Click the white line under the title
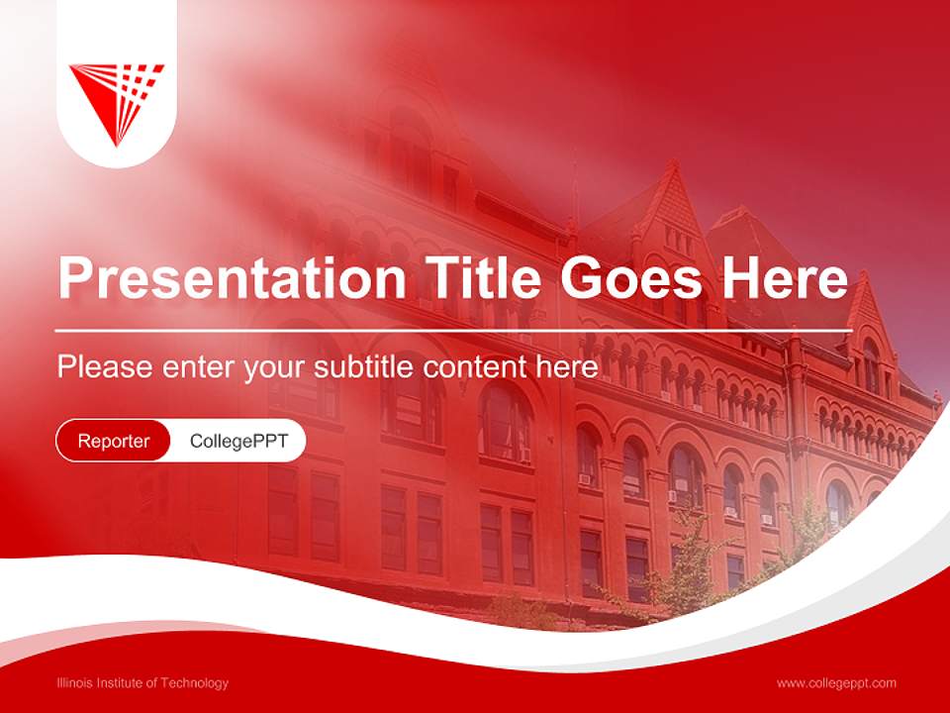point(453,330)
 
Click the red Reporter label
point(114,441)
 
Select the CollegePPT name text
point(238,441)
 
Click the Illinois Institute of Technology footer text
point(142,682)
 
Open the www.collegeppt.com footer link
point(836,682)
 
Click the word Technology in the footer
point(196,682)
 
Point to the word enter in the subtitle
point(193,367)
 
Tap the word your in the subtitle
point(272,368)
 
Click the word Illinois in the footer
point(76,682)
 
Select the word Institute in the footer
point(128,682)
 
